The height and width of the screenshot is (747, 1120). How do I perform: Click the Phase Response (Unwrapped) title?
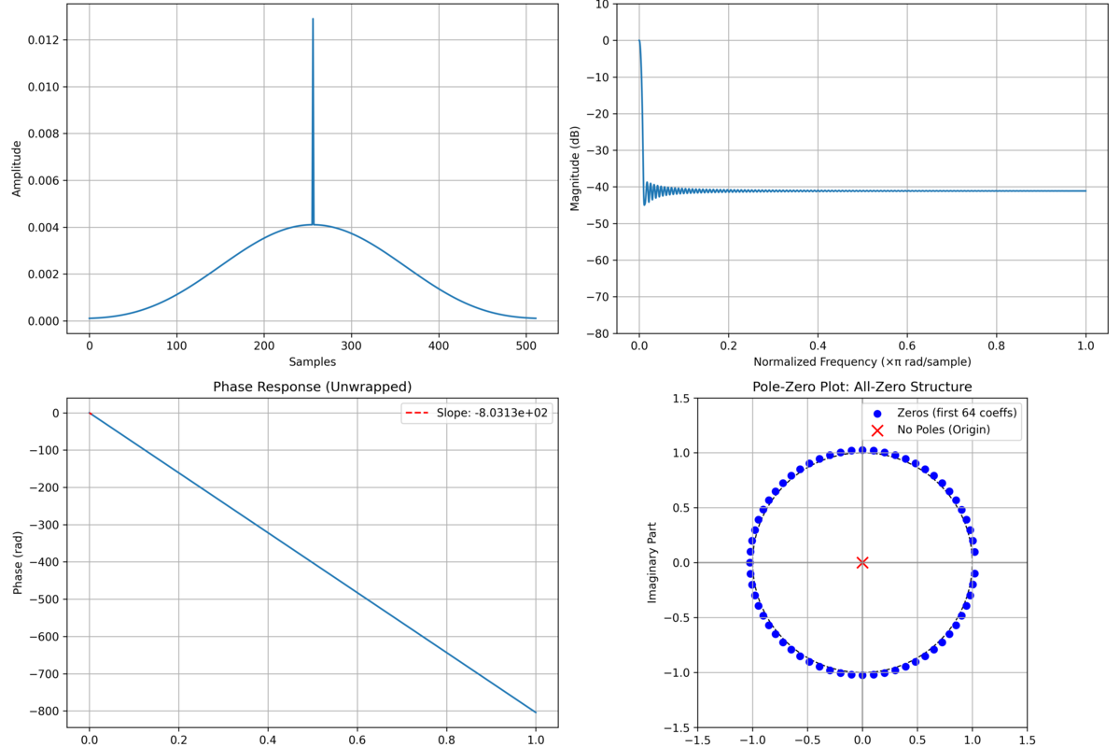pyautogui.click(x=312, y=387)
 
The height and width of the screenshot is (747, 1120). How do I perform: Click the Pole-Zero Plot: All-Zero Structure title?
pyautogui.click(x=861, y=387)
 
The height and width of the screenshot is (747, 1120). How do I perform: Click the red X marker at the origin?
pyautogui.click(x=862, y=562)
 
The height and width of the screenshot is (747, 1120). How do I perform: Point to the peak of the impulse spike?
pyautogui.click(x=313, y=19)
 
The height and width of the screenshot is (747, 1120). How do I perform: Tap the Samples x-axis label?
pyautogui.click(x=312, y=361)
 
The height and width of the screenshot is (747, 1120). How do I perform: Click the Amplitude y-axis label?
pyautogui.click(x=16, y=168)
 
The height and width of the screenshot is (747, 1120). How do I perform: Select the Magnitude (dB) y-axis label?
pyautogui.click(x=576, y=168)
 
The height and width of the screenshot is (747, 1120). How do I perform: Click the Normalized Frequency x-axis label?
pyautogui.click(x=862, y=361)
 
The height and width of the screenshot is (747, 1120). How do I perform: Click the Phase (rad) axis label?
pyautogui.click(x=16, y=562)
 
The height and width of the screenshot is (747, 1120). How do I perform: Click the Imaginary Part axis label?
pyautogui.click(x=653, y=562)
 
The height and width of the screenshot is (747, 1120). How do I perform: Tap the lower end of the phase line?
pyautogui.click(x=536, y=712)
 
